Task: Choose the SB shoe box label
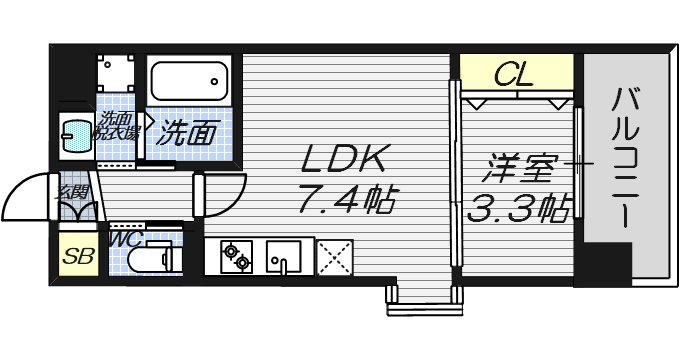click(x=78, y=255)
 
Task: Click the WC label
click(x=126, y=238)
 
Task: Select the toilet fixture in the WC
click(x=154, y=258)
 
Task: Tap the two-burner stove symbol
click(x=236, y=256)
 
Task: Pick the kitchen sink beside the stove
click(x=284, y=256)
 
